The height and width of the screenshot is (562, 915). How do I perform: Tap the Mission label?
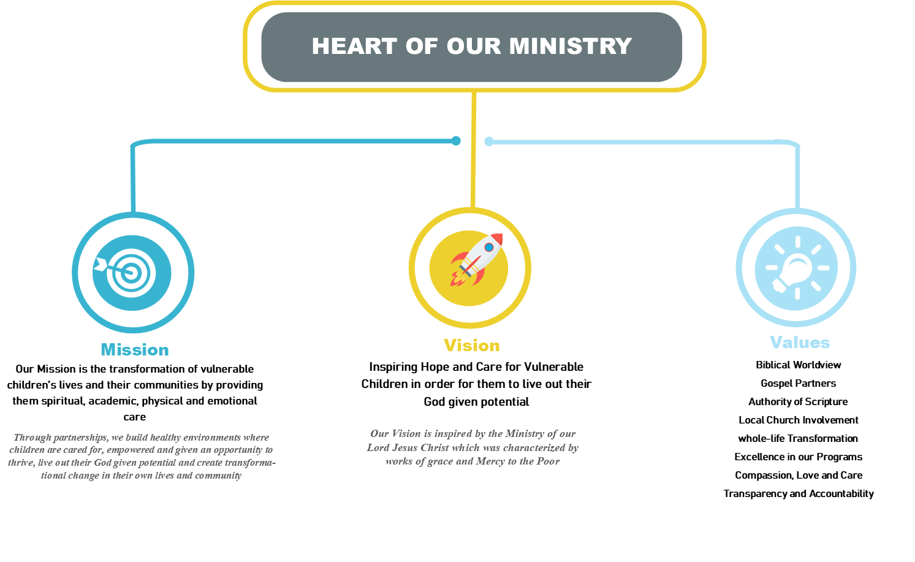[135, 350]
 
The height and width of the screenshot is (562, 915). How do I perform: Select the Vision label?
[471, 346]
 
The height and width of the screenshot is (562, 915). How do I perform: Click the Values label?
[800, 343]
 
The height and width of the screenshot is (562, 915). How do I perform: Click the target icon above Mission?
[131, 273]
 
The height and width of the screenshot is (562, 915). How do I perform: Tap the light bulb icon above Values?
[796, 268]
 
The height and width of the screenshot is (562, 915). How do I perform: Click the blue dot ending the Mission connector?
[456, 141]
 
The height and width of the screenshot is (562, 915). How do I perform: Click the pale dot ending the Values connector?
[489, 142]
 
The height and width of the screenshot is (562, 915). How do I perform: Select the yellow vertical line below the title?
[474, 153]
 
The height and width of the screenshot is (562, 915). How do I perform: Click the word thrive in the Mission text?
[20, 463]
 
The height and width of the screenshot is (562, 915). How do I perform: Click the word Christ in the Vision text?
[435, 447]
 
